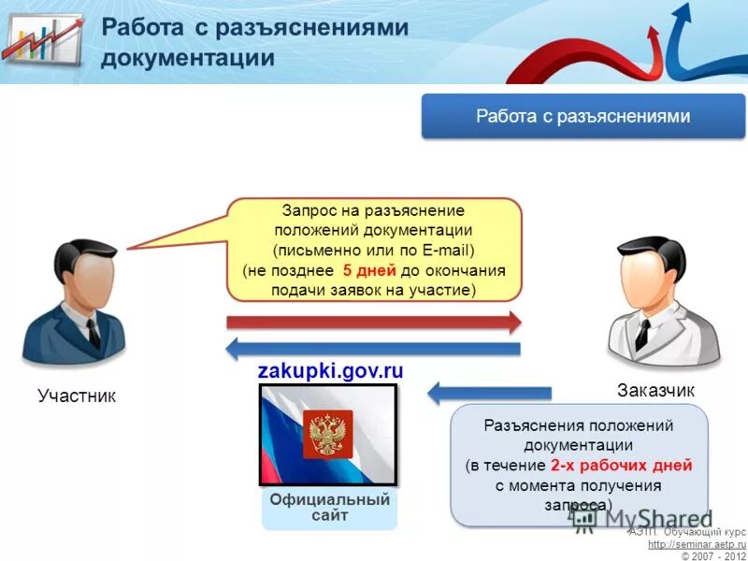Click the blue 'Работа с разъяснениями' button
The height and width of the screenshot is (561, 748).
click(583, 117)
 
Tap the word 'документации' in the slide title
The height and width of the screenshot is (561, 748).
click(188, 58)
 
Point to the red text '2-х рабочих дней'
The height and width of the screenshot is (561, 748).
click(621, 465)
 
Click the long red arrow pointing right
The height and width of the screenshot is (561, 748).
click(374, 323)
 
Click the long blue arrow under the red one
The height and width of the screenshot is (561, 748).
click(374, 349)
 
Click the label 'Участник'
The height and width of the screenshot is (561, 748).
click(77, 396)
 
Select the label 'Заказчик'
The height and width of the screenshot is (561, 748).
click(655, 390)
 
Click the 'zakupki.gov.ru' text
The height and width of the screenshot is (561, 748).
click(330, 370)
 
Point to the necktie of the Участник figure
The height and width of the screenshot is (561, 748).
click(93, 333)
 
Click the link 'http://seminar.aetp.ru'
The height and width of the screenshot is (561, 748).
click(697, 544)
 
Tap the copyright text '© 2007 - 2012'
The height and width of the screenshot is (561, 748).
click(712, 555)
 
